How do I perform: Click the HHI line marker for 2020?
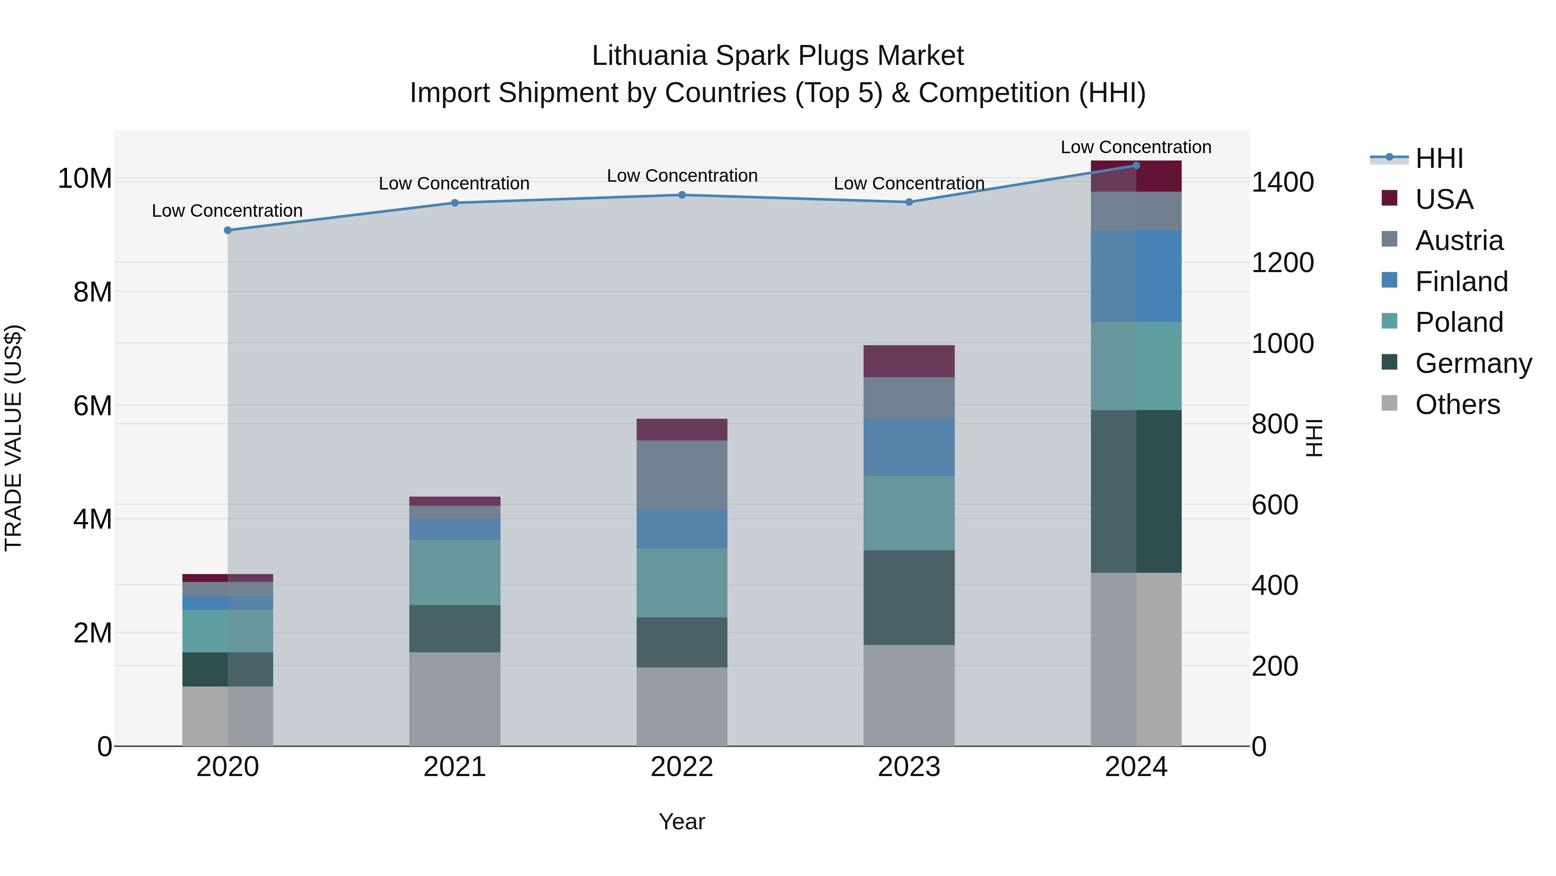pos(228,230)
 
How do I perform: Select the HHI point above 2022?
pos(682,195)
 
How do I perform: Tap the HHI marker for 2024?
pos(1136,165)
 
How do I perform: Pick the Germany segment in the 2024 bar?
pos(1136,491)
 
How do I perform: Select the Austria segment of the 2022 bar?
pos(682,475)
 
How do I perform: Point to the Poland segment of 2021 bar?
pos(455,572)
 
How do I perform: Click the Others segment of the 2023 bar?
pos(909,695)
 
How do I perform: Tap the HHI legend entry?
pos(1439,158)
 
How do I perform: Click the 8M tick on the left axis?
pos(92,292)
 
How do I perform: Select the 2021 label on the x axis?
pos(455,767)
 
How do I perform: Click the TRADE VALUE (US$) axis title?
pos(13,438)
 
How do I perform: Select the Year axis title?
pos(682,821)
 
